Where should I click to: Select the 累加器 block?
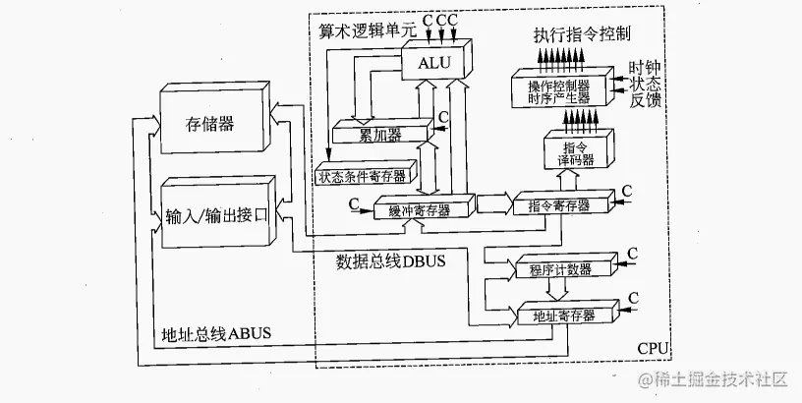(379, 132)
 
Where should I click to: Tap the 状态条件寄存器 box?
(363, 177)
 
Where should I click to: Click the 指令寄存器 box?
(556, 205)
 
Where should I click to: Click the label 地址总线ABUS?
(215, 334)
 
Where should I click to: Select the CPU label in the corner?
(654, 349)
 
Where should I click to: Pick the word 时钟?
(646, 66)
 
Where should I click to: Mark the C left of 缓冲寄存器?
(352, 203)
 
